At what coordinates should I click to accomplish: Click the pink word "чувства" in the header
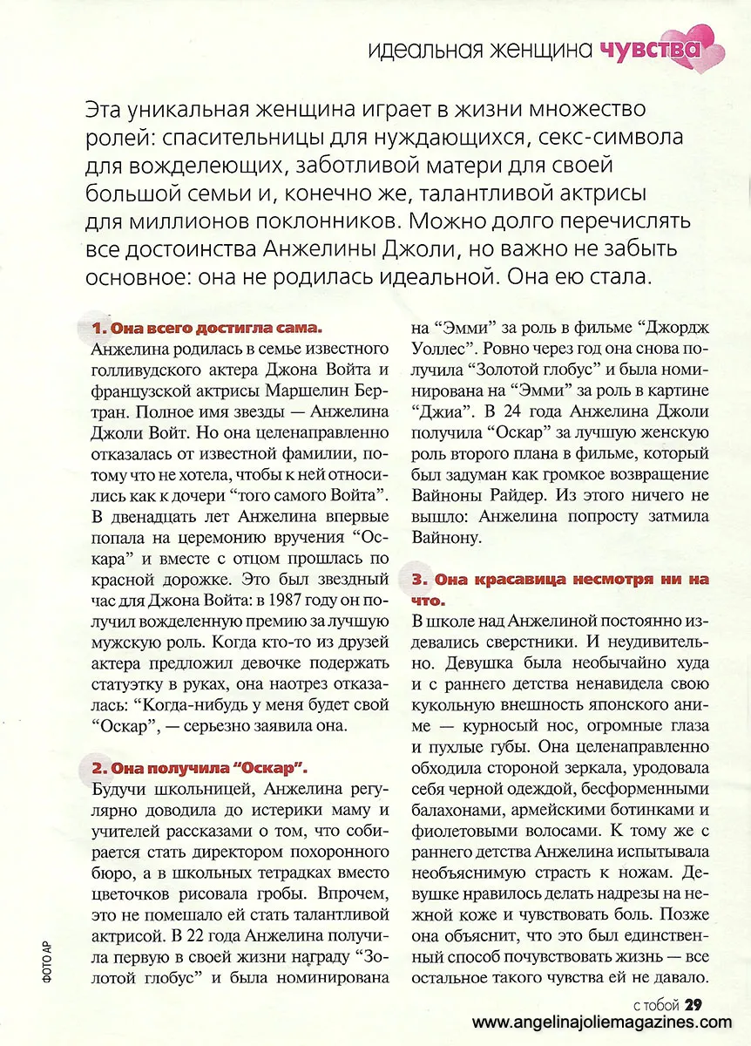[x=651, y=49]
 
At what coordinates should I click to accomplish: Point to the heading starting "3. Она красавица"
[x=559, y=578]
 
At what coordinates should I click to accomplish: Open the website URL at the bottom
[x=601, y=1022]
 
